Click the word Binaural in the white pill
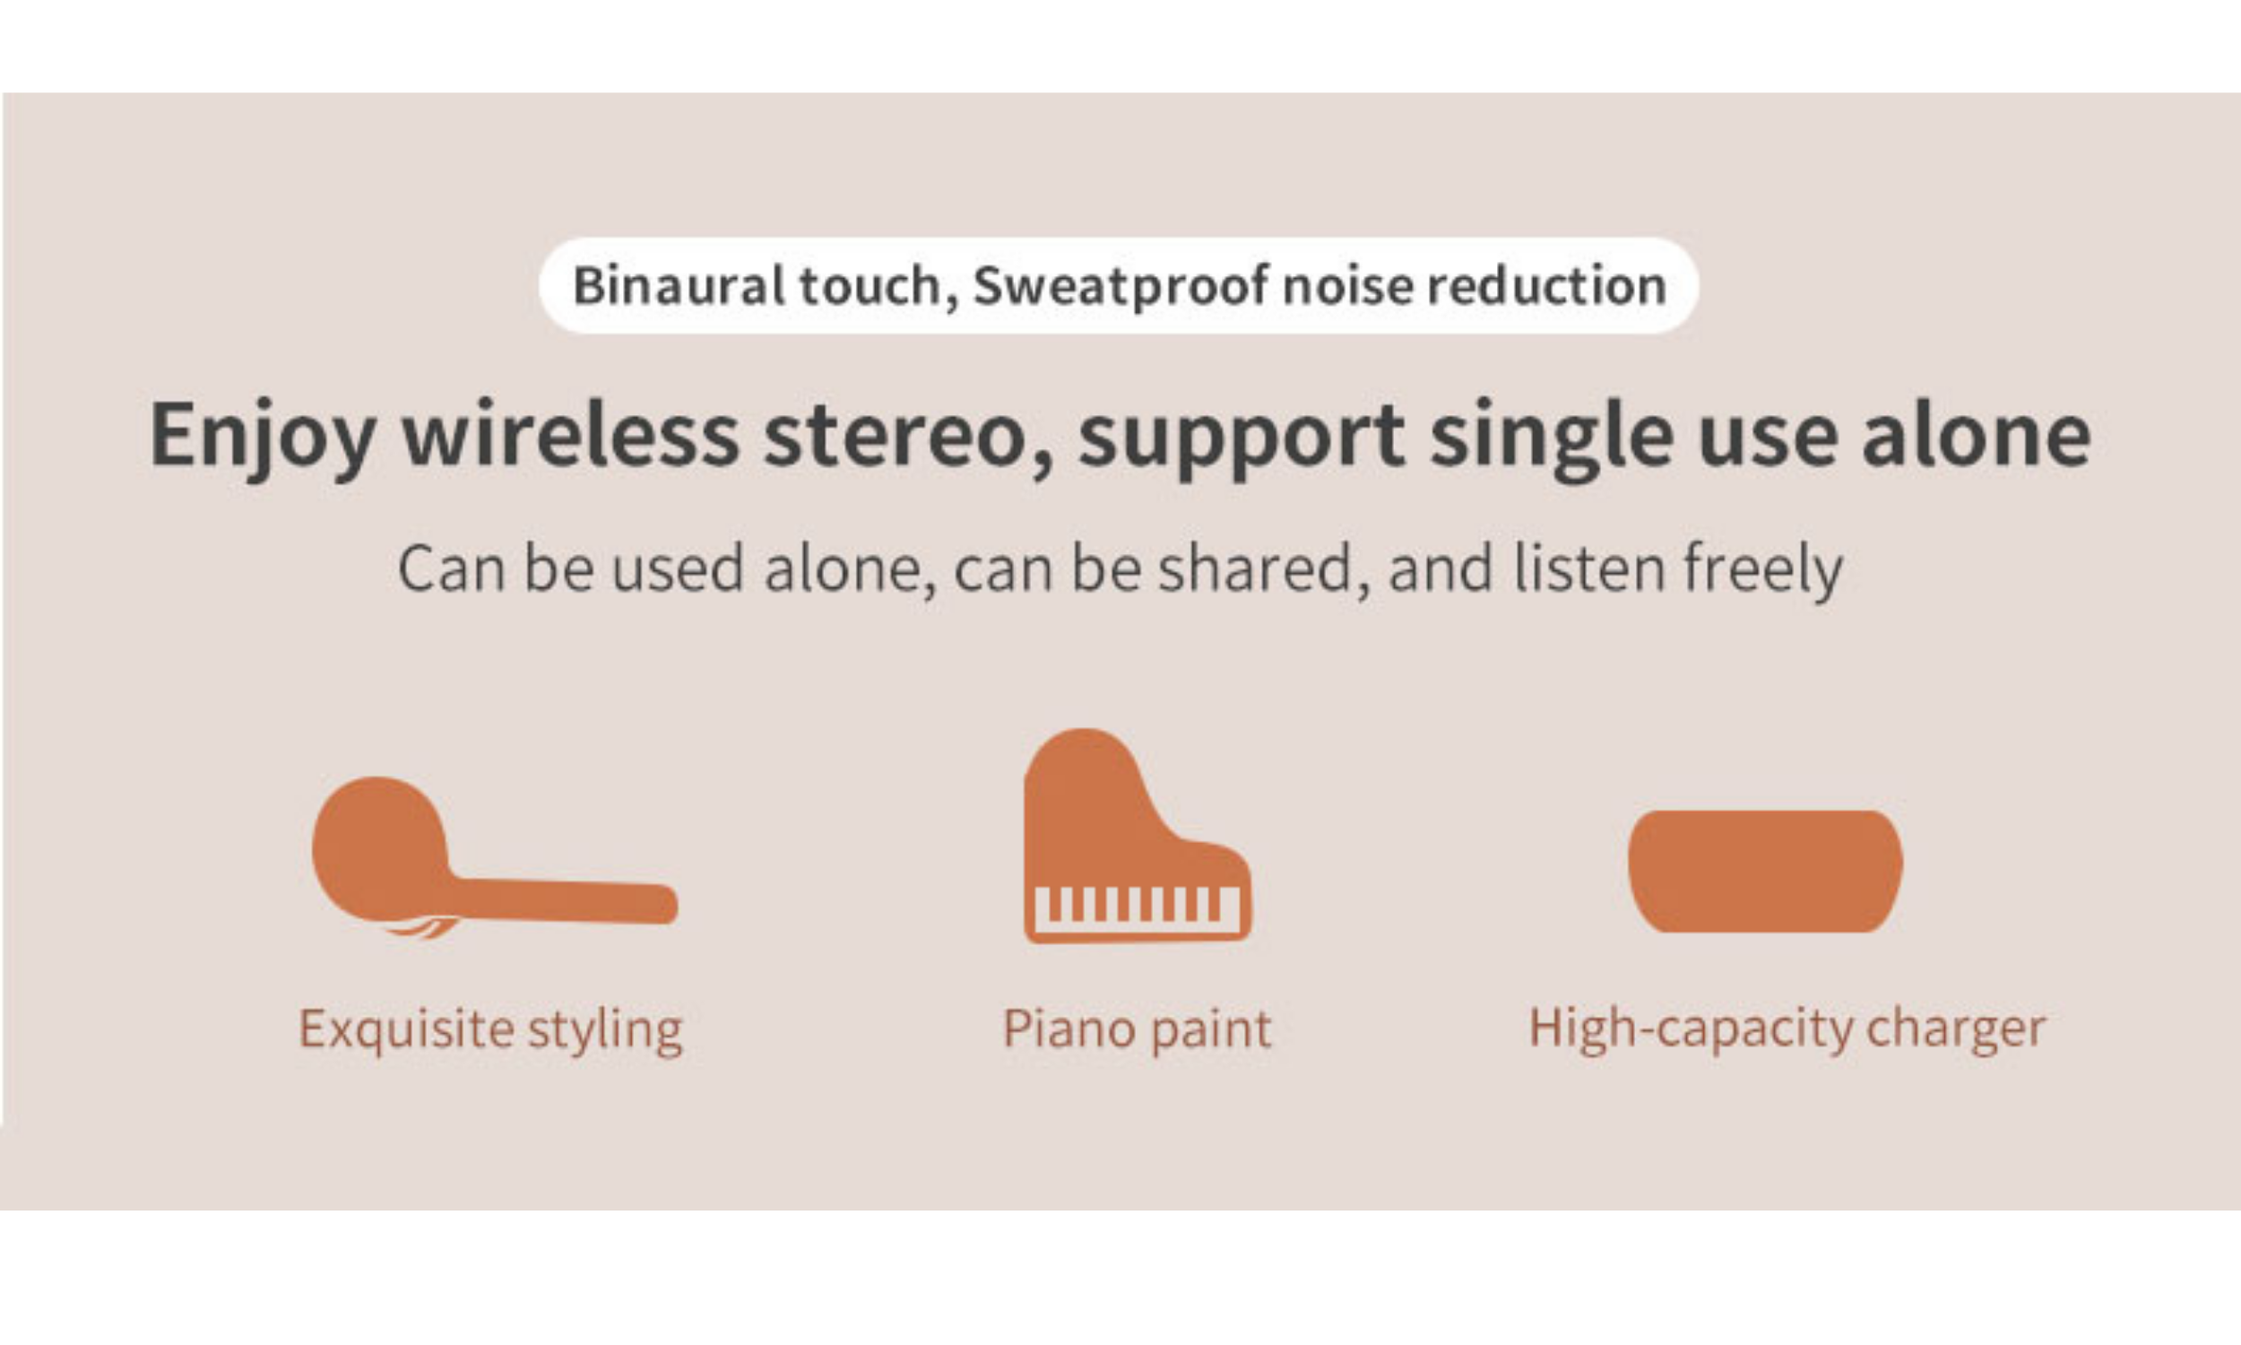point(679,285)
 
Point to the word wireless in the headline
point(571,435)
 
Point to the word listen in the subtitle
point(1588,568)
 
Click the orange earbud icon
point(495,857)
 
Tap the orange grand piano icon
point(1137,836)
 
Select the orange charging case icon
point(1765,871)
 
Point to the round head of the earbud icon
point(380,848)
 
